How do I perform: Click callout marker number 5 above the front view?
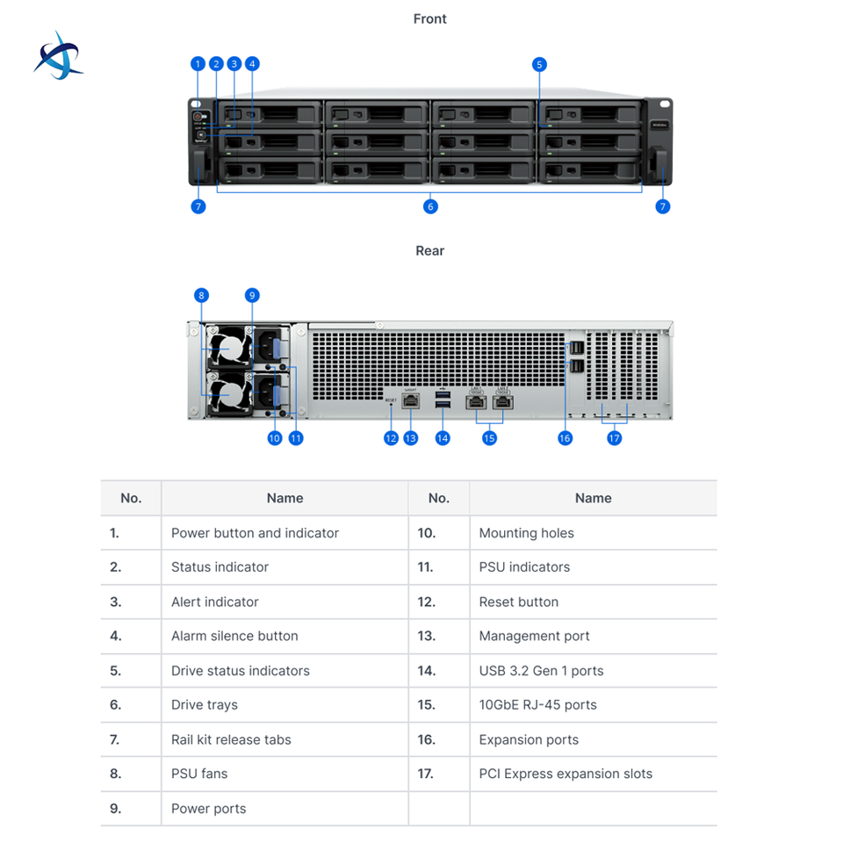(539, 64)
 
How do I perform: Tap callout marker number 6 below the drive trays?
(430, 206)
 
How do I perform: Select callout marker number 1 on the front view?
(198, 64)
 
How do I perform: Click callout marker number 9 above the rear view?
(252, 295)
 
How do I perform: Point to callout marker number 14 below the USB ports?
(443, 438)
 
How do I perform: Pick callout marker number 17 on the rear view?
(614, 438)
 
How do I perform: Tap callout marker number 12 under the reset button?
(391, 438)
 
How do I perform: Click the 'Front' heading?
(429, 18)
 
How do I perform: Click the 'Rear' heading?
(429, 250)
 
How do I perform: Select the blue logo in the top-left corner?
(58, 56)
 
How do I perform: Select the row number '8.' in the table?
(116, 774)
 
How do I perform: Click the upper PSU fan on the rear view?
(229, 349)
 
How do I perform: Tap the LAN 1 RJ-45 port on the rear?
(476, 401)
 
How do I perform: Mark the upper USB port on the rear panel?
(443, 395)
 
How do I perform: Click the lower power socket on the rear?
(265, 392)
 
